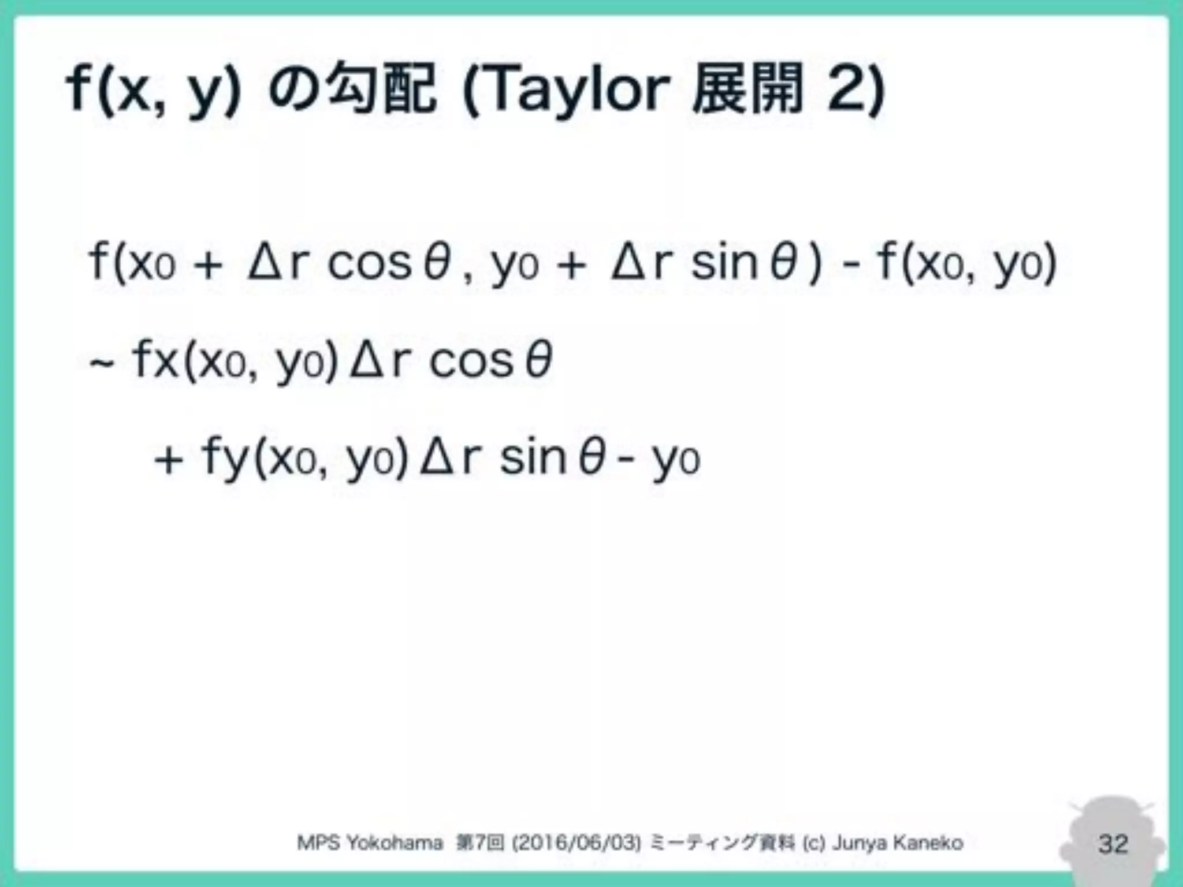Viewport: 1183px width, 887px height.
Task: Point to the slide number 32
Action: click(1113, 844)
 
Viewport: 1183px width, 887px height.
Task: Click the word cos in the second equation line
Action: click(471, 361)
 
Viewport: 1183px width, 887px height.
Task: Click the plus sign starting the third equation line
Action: click(169, 461)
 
